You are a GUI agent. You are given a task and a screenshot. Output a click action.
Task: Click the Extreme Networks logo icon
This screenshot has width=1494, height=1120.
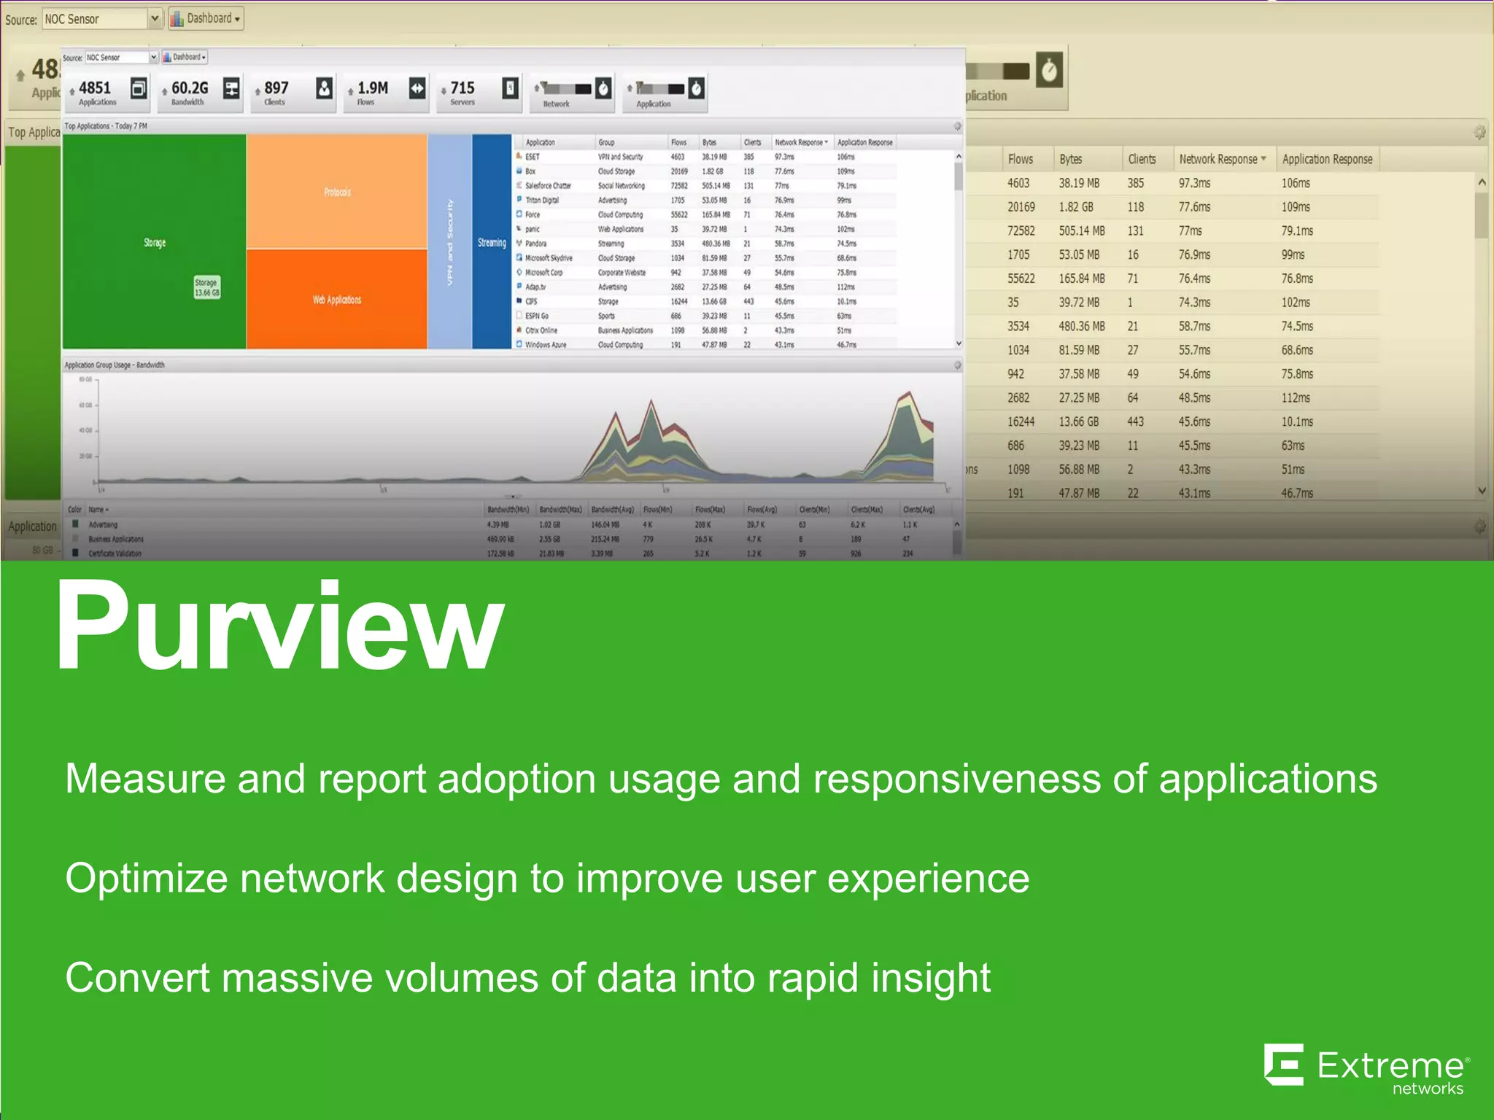[1284, 1065]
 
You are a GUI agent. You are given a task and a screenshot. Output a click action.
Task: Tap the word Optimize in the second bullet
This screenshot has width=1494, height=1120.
[146, 878]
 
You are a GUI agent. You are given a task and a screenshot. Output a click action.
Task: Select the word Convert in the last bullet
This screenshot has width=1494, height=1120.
[136, 978]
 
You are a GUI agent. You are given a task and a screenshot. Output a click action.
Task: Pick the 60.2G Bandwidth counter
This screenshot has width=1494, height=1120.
[190, 92]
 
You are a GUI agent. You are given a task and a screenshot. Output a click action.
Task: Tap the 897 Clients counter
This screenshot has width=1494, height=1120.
[276, 92]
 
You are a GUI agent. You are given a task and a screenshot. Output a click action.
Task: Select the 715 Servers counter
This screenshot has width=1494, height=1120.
[462, 92]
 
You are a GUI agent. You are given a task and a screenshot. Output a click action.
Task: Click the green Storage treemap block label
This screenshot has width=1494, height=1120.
[155, 243]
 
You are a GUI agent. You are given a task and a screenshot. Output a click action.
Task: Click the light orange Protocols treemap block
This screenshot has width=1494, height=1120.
[337, 192]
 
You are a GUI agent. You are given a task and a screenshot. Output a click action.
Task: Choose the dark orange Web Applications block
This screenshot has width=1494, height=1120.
[337, 300]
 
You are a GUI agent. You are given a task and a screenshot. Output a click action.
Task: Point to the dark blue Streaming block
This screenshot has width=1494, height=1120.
[492, 243]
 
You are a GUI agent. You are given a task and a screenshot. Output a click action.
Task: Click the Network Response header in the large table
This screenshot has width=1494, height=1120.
[1218, 159]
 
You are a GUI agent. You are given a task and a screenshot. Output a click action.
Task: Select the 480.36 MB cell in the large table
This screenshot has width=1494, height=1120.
[1081, 326]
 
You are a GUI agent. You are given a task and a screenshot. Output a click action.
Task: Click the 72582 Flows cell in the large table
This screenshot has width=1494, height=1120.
[1021, 230]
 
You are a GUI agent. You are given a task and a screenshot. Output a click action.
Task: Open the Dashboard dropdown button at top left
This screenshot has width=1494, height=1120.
[206, 18]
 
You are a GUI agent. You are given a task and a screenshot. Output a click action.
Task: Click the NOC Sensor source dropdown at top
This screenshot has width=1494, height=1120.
[101, 19]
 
